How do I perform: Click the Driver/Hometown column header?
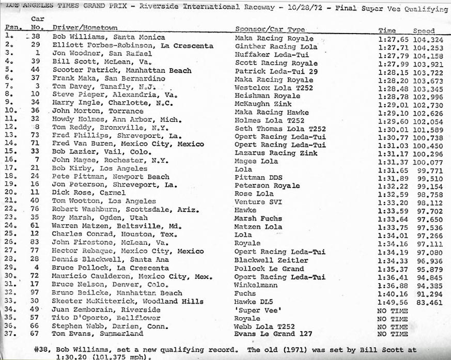pyautogui.click(x=85, y=28)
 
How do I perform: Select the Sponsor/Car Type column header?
pyautogui.click(x=270, y=29)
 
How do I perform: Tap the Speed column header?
pyautogui.click(x=424, y=31)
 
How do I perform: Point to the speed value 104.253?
pyautogui.click(x=427, y=47)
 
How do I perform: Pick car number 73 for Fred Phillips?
pyautogui.click(x=36, y=136)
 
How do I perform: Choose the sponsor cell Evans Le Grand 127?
pyautogui.click(x=273, y=334)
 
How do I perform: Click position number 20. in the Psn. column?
pyautogui.click(x=10, y=193)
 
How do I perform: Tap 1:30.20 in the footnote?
pyautogui.click(x=70, y=356)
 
